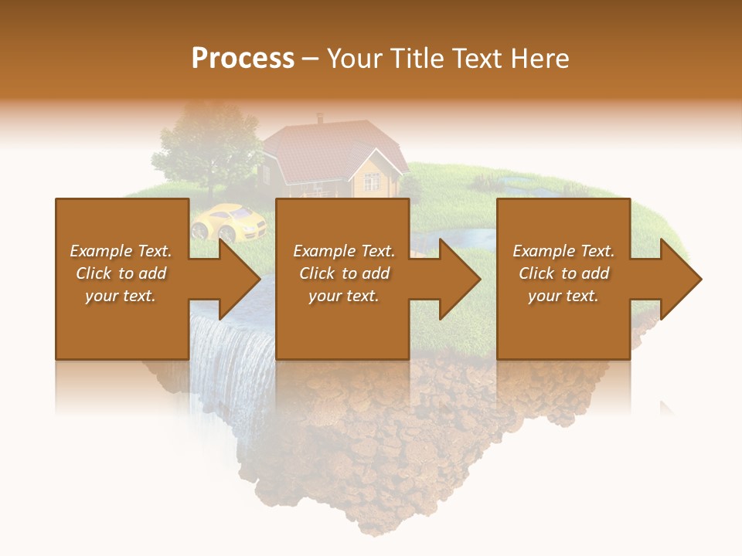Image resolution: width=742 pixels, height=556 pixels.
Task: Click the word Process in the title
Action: (243, 58)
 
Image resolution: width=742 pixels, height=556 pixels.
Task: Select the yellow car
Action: (229, 221)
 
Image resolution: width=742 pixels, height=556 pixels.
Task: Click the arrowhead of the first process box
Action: (240, 279)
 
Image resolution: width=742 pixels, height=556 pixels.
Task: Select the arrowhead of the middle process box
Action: (460, 279)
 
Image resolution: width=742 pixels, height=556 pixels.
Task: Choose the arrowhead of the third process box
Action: (681, 279)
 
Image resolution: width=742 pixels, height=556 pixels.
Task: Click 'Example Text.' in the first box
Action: (121, 251)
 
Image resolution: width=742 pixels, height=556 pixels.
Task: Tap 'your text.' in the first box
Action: (121, 296)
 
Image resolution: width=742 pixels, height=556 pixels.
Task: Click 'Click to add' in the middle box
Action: (344, 273)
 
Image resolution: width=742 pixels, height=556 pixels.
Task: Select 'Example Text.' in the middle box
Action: (344, 251)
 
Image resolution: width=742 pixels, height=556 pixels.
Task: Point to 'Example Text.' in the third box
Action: (563, 251)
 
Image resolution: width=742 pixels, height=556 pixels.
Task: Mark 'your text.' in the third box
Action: (563, 296)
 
